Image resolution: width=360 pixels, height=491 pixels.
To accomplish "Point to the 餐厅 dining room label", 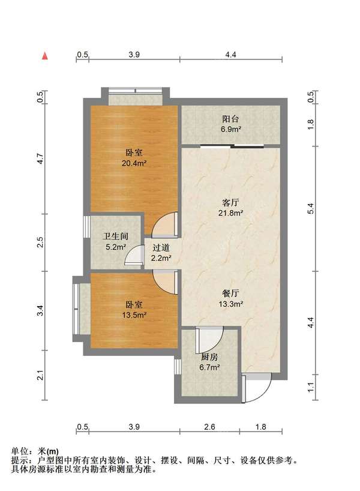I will (231, 294).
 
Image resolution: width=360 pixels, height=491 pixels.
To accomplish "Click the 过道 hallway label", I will (161, 247).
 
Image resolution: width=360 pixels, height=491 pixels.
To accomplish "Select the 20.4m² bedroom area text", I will (134, 162).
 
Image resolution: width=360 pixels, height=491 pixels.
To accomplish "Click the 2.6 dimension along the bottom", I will (209, 427).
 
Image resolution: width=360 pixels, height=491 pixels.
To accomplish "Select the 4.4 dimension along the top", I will (231, 55).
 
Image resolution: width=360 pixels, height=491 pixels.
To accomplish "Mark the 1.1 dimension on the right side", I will (310, 388).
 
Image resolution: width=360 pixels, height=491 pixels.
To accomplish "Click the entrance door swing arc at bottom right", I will (259, 388).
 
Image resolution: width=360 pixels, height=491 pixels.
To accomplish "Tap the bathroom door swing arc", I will (131, 257).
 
